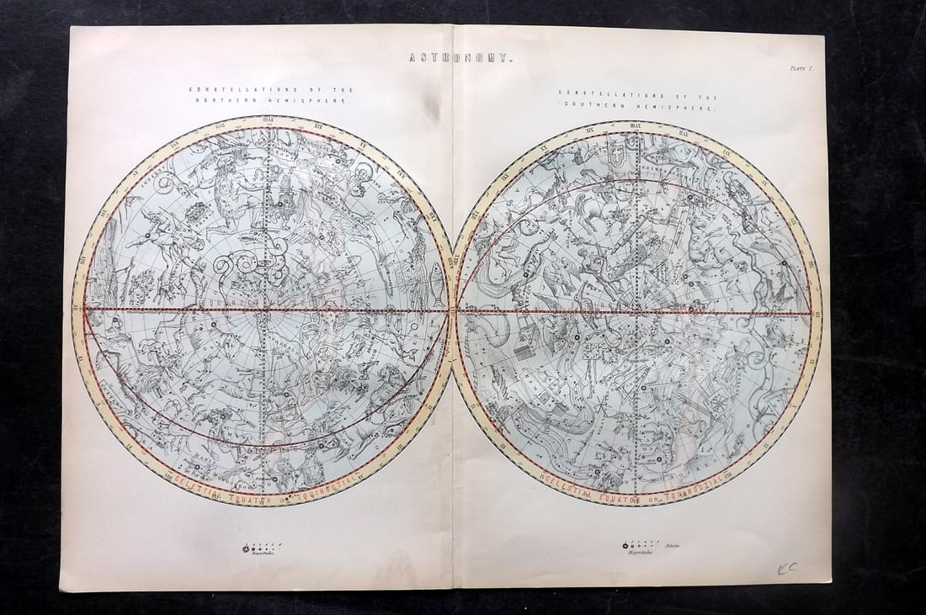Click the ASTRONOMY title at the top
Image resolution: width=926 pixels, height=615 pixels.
pyautogui.click(x=460, y=58)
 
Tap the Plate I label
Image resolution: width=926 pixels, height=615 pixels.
pyautogui.click(x=800, y=71)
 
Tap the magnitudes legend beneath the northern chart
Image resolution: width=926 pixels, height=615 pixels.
pyautogui.click(x=261, y=548)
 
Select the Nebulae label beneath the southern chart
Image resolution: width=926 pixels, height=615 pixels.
pyautogui.click(x=671, y=546)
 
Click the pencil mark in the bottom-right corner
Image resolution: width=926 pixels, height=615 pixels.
pyautogui.click(x=787, y=568)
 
